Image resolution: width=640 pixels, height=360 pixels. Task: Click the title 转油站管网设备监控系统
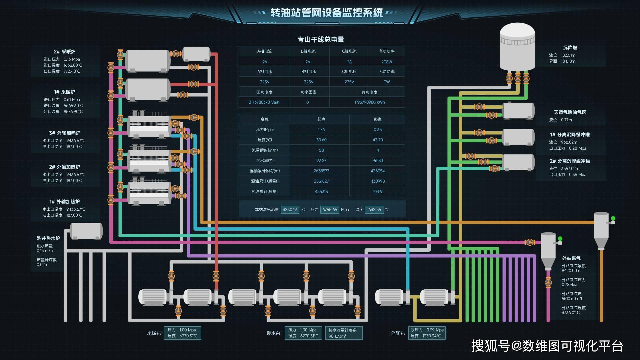pyautogui.click(x=326, y=13)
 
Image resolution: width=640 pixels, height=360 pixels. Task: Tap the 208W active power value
pyautogui.click(x=386, y=62)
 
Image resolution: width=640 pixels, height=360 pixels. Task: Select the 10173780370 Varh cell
pyautogui.click(x=263, y=102)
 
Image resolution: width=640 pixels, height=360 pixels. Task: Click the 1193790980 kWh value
pyautogui.click(x=369, y=102)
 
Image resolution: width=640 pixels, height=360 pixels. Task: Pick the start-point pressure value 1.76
pyautogui.click(x=321, y=130)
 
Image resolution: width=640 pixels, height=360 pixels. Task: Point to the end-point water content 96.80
pyautogui.click(x=377, y=161)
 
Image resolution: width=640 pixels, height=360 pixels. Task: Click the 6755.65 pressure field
pyautogui.click(x=329, y=210)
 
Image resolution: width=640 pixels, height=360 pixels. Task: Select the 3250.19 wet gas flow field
pyautogui.click(x=290, y=210)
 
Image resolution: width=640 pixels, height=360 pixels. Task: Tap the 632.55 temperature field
pyautogui.click(x=374, y=210)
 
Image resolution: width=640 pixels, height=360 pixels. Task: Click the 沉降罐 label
pyautogui.click(x=570, y=48)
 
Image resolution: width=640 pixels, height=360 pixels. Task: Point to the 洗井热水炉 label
pyautogui.click(x=48, y=238)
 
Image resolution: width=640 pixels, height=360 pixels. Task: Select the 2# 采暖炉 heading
pyautogui.click(x=64, y=52)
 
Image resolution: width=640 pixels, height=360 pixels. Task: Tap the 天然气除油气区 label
pyautogui.click(x=570, y=112)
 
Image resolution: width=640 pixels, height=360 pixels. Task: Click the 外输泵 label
pyautogui.click(x=398, y=333)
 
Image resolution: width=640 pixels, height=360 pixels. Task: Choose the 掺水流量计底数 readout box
pyautogui.click(x=343, y=333)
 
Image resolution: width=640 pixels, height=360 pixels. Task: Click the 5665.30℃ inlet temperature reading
pyautogui.click(x=73, y=106)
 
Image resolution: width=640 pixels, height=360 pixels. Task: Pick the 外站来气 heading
pyautogui.click(x=571, y=258)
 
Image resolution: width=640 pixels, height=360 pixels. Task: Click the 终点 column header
pyautogui.click(x=377, y=119)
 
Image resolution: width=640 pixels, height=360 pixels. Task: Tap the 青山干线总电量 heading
pyautogui.click(x=321, y=40)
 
